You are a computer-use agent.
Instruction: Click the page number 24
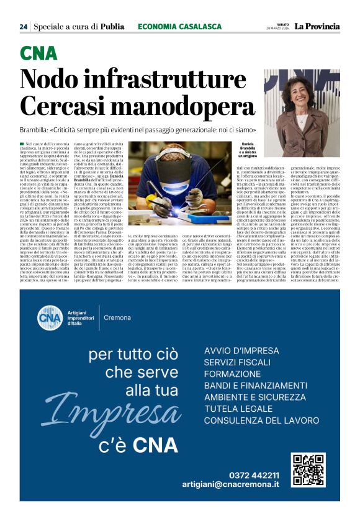[x=24, y=27]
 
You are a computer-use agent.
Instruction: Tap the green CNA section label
[x=38, y=54]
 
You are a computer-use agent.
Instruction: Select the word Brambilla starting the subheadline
[x=42, y=131]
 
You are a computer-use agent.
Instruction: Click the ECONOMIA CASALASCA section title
[x=179, y=27]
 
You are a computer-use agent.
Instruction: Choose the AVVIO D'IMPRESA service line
[x=241, y=351]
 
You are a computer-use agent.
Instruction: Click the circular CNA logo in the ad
[x=50, y=317]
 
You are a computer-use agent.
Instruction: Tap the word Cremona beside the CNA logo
[x=117, y=317]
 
